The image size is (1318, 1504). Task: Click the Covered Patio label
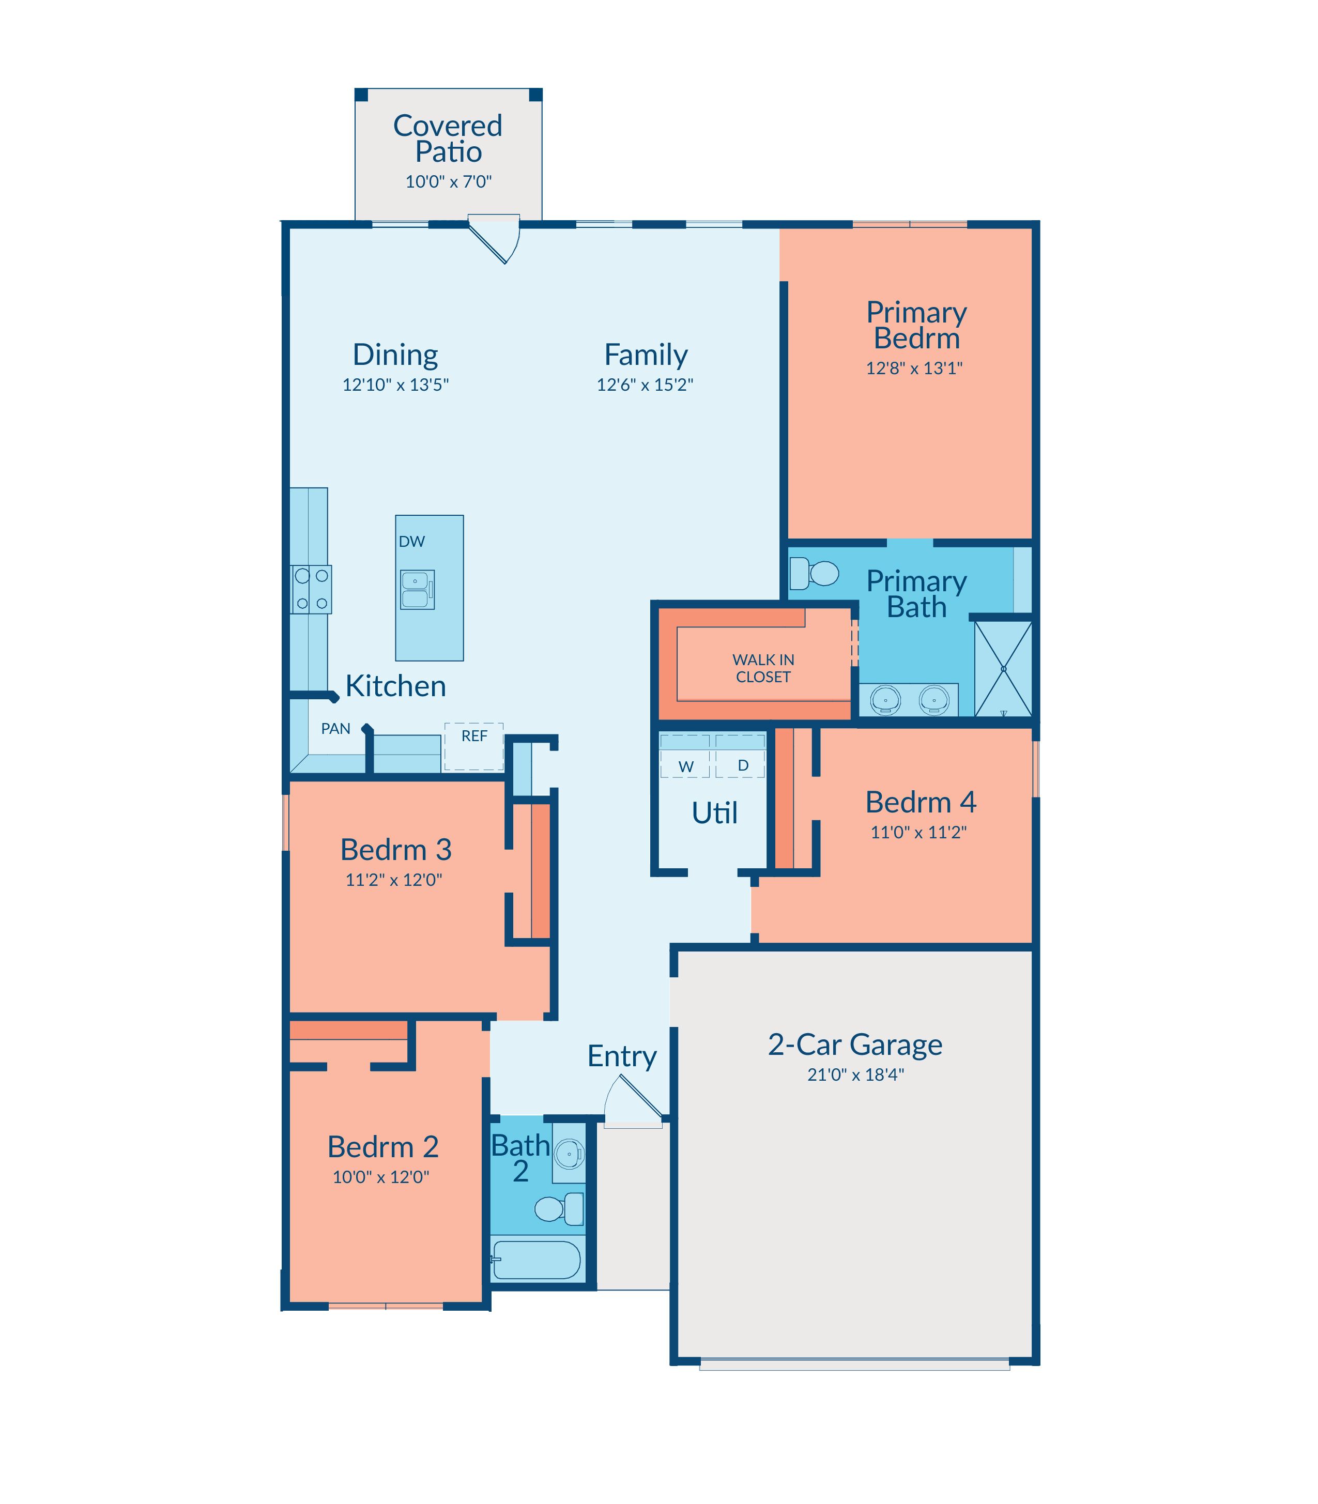(448, 139)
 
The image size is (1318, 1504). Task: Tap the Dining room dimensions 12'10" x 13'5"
(396, 385)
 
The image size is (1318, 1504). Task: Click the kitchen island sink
(417, 590)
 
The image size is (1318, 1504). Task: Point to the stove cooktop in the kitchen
(311, 589)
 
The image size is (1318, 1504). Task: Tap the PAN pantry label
(335, 729)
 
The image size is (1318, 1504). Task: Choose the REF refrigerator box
(473, 746)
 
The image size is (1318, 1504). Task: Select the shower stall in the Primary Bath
(1003, 668)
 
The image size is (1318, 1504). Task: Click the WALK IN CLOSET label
(763, 668)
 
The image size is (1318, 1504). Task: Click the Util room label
(715, 812)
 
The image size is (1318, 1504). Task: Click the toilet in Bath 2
(559, 1208)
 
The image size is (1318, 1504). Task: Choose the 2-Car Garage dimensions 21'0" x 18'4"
(855, 1075)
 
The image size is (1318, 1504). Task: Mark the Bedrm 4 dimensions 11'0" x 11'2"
(918, 833)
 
